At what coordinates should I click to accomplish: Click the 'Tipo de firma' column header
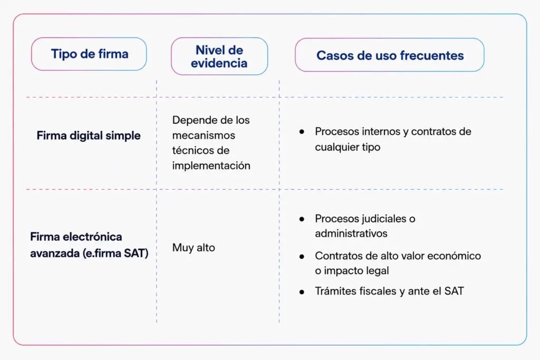pyautogui.click(x=89, y=54)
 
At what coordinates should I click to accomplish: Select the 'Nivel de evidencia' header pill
pyautogui.click(x=219, y=56)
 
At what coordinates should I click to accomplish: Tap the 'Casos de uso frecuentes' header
pyautogui.click(x=390, y=55)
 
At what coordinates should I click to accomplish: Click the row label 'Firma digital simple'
pyautogui.click(x=89, y=135)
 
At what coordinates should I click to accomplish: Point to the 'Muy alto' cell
pyautogui.click(x=194, y=247)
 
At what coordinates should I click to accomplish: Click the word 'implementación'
pyautogui.click(x=211, y=166)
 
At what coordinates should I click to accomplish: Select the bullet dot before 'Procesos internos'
pyautogui.click(x=302, y=131)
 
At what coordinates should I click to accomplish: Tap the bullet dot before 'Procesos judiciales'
pyautogui.click(x=302, y=219)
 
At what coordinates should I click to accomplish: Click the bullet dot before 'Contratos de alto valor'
pyautogui.click(x=302, y=256)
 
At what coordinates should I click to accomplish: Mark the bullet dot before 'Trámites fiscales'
pyautogui.click(x=302, y=292)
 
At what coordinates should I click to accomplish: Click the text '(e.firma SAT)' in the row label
pyautogui.click(x=115, y=254)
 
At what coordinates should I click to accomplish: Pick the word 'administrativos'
pyautogui.click(x=351, y=233)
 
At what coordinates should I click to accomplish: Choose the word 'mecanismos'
pyautogui.click(x=204, y=135)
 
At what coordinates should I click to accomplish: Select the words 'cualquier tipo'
pyautogui.click(x=348, y=147)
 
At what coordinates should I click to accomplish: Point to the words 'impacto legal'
pyautogui.click(x=356, y=271)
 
